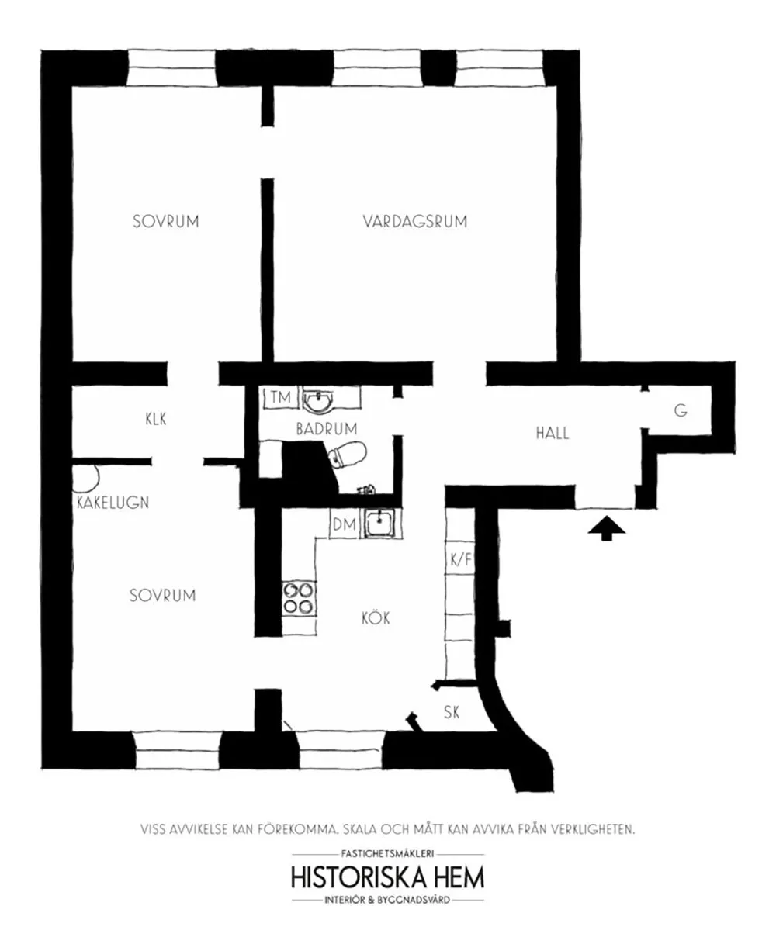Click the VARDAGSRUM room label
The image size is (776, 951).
tap(414, 221)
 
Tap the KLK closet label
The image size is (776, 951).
tap(156, 419)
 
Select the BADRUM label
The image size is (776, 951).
tap(327, 429)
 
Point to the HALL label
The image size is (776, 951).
tap(553, 434)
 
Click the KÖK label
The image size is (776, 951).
tap(376, 617)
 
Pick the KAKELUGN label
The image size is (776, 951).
tap(113, 503)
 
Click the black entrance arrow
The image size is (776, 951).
tap(606, 528)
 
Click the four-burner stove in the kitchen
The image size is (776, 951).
tap(299, 597)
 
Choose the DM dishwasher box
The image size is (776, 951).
tap(345, 524)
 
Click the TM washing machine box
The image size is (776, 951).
tap(281, 398)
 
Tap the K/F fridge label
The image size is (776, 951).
tap(461, 559)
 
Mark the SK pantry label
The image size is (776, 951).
tap(452, 713)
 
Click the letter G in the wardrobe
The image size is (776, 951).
tap(681, 410)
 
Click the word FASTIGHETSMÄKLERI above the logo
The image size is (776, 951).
tap(387, 853)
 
